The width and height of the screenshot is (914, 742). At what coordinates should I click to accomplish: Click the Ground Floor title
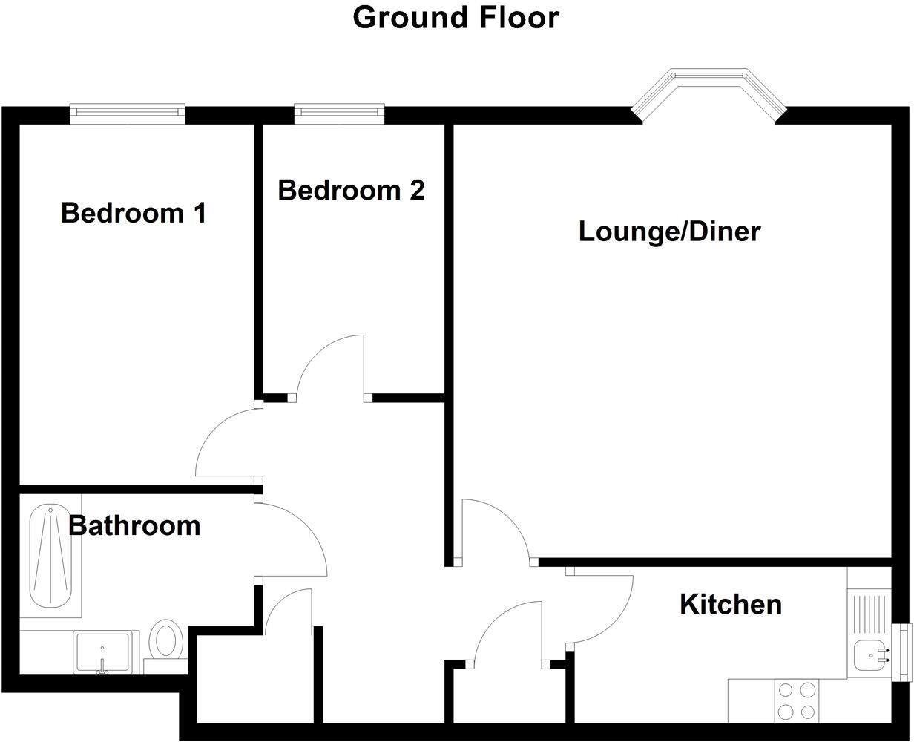point(456,17)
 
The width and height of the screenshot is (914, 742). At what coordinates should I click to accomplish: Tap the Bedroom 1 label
point(134,213)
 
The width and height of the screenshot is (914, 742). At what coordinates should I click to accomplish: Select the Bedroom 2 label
point(352,190)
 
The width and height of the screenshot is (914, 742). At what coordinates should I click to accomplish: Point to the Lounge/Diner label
point(669,232)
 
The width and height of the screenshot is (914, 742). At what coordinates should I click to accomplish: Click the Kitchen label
point(731,604)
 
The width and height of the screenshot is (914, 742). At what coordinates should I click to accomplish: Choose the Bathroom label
point(134,525)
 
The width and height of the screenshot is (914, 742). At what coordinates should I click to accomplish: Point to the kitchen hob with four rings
point(796,700)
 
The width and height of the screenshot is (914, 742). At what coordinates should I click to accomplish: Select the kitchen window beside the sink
point(903,651)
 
